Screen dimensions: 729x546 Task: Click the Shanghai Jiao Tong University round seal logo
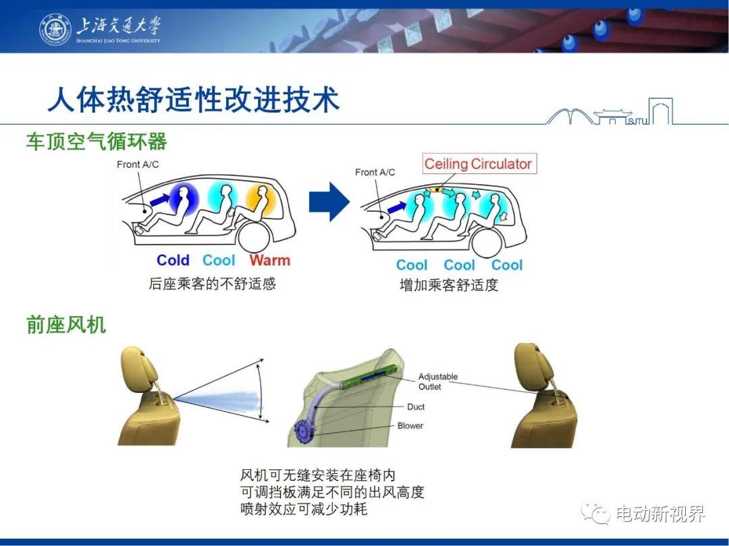click(55, 29)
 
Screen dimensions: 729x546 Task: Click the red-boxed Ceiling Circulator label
click(479, 164)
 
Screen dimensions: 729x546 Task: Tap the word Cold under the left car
click(173, 260)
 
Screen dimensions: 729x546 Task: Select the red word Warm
click(269, 260)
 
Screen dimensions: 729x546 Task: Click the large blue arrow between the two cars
click(329, 202)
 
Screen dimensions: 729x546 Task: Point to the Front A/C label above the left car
click(138, 164)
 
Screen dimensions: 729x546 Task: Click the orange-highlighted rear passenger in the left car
click(261, 201)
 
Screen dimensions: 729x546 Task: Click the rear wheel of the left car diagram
click(254, 236)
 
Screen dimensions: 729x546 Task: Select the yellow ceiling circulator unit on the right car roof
click(435, 189)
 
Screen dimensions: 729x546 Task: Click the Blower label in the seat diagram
click(410, 426)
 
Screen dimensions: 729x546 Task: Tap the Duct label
click(416, 406)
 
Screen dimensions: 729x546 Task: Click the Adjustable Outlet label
click(438, 382)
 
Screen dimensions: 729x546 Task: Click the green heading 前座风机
click(66, 325)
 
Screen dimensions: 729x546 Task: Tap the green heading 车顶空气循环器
click(97, 142)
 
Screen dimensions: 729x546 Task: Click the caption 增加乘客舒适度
click(449, 284)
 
